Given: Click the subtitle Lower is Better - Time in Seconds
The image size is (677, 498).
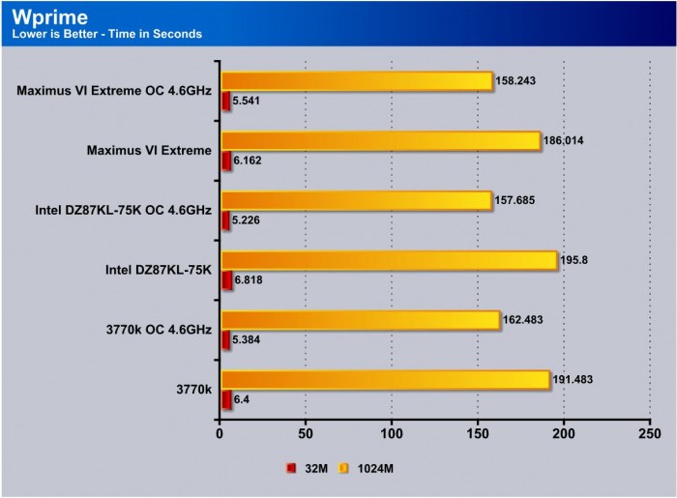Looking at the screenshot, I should [x=106, y=35].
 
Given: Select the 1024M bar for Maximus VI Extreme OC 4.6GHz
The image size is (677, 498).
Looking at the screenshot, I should [x=357, y=81].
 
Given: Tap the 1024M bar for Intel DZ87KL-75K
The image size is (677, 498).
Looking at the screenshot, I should [x=389, y=261].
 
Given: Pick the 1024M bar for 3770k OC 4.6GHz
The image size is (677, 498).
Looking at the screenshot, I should [x=360, y=321].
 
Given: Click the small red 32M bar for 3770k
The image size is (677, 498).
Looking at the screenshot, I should [x=226, y=399].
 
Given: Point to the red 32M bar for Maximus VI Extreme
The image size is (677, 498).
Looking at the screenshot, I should [x=226, y=160].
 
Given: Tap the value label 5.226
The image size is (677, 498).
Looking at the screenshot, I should [x=248, y=220].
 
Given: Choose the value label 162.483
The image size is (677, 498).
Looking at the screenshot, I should [x=524, y=320].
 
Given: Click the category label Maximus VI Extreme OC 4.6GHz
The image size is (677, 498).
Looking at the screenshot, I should [x=113, y=91].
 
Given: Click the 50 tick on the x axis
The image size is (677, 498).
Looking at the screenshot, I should [x=306, y=436].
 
